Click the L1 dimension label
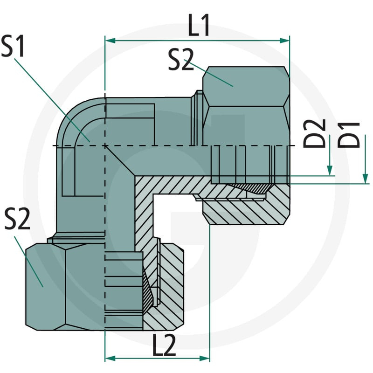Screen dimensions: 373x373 199,25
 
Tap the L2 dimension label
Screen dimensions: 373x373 164,345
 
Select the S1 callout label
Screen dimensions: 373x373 13,46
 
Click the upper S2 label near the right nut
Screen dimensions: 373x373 181,60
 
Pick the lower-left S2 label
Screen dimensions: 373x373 17,219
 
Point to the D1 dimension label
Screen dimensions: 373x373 349,135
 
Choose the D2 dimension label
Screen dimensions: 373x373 314,133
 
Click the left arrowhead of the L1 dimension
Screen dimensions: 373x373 111,41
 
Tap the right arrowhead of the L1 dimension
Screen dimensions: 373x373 284,41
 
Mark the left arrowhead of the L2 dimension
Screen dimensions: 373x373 111,358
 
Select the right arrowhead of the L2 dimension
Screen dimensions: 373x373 204,358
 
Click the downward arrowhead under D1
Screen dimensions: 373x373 365,179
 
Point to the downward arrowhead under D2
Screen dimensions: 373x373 330,171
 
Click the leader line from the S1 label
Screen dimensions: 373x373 52,100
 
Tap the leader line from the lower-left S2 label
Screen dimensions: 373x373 29,262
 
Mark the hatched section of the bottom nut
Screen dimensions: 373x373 166,285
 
